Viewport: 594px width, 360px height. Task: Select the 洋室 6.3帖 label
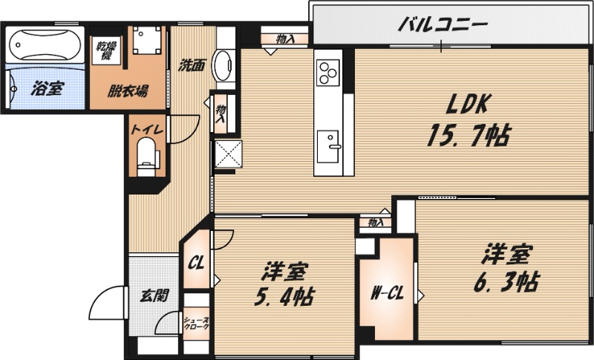click(x=509, y=267)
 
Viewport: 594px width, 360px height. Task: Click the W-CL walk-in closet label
click(x=386, y=293)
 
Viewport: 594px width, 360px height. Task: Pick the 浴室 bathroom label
click(x=47, y=89)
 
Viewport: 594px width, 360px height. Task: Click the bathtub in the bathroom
click(x=46, y=45)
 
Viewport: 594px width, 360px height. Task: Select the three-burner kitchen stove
click(x=328, y=72)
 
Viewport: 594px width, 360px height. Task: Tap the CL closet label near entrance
click(x=196, y=262)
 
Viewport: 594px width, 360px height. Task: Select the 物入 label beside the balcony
click(x=284, y=37)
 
